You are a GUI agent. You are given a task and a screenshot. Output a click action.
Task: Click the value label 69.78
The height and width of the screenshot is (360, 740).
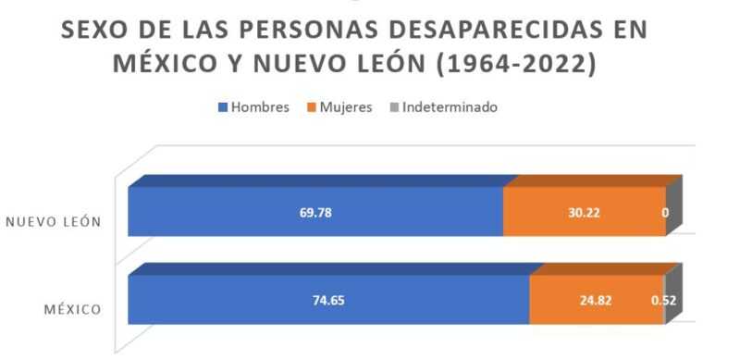pos(315,212)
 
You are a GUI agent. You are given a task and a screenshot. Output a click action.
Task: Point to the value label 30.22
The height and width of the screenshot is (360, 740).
pos(585,212)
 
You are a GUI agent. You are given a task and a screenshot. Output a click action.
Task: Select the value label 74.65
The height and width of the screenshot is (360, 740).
pos(328,301)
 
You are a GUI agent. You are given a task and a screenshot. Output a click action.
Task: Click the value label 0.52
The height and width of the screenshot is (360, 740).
pos(662,301)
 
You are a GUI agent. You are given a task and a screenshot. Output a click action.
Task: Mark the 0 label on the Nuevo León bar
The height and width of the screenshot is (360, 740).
pos(665,212)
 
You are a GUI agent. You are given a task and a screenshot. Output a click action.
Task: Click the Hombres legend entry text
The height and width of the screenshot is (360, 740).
pos(260,107)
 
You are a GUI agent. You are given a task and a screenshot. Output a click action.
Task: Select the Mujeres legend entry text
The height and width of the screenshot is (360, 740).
pos(345,107)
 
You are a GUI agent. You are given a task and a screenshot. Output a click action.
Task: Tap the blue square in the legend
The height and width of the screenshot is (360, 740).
pos(222,108)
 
